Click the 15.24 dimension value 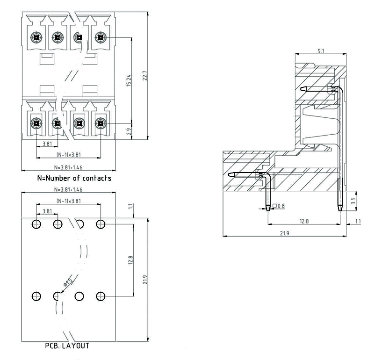[x=129, y=80]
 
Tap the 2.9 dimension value [x=129, y=131]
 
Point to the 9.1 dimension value [x=321, y=50]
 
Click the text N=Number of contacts [x=74, y=178]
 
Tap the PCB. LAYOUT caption [x=67, y=346]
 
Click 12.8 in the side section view [x=304, y=221]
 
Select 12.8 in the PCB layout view [x=131, y=260]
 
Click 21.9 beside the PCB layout [x=145, y=280]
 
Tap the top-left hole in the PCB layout [x=36, y=224]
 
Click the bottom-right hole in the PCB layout [x=100, y=296]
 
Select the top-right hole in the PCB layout [x=100, y=224]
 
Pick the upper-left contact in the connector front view [x=36, y=37]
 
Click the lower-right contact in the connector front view [x=100, y=124]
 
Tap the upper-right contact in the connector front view [x=100, y=37]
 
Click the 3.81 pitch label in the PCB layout [x=47, y=211]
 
